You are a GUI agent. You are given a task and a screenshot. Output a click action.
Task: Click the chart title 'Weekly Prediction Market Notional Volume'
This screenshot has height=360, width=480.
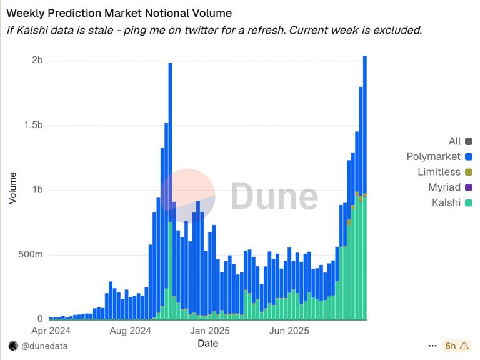(x=119, y=12)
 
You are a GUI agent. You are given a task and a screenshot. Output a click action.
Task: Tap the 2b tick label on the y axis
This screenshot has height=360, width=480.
(x=37, y=60)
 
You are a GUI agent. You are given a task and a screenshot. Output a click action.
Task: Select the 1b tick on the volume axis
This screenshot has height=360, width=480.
(x=37, y=190)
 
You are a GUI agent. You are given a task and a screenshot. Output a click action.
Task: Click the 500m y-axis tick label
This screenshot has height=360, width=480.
(x=30, y=255)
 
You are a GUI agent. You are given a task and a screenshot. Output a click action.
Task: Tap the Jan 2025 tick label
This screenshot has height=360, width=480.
(x=210, y=331)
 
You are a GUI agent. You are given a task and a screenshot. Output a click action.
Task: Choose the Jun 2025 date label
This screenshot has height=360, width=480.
(x=288, y=331)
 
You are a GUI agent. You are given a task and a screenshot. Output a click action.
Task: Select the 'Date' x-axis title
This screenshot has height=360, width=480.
(x=207, y=344)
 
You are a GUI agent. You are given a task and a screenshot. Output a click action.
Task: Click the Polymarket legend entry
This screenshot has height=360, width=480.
(x=433, y=156)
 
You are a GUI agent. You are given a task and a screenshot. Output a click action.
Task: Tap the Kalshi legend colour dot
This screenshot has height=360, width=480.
(x=469, y=202)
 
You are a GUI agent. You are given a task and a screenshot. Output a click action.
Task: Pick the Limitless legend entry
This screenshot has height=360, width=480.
(x=439, y=172)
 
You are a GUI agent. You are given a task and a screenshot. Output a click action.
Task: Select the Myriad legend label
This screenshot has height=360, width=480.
(x=444, y=187)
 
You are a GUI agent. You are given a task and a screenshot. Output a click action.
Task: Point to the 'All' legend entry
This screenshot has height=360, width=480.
(x=454, y=141)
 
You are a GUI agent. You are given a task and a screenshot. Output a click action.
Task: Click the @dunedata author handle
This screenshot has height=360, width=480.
(x=44, y=346)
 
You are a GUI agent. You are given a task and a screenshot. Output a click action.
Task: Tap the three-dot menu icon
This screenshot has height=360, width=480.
(x=432, y=346)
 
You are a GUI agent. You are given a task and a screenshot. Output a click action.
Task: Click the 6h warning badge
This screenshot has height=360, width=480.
(x=456, y=346)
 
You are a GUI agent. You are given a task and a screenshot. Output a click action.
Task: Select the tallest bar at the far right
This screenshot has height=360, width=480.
(x=365, y=187)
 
